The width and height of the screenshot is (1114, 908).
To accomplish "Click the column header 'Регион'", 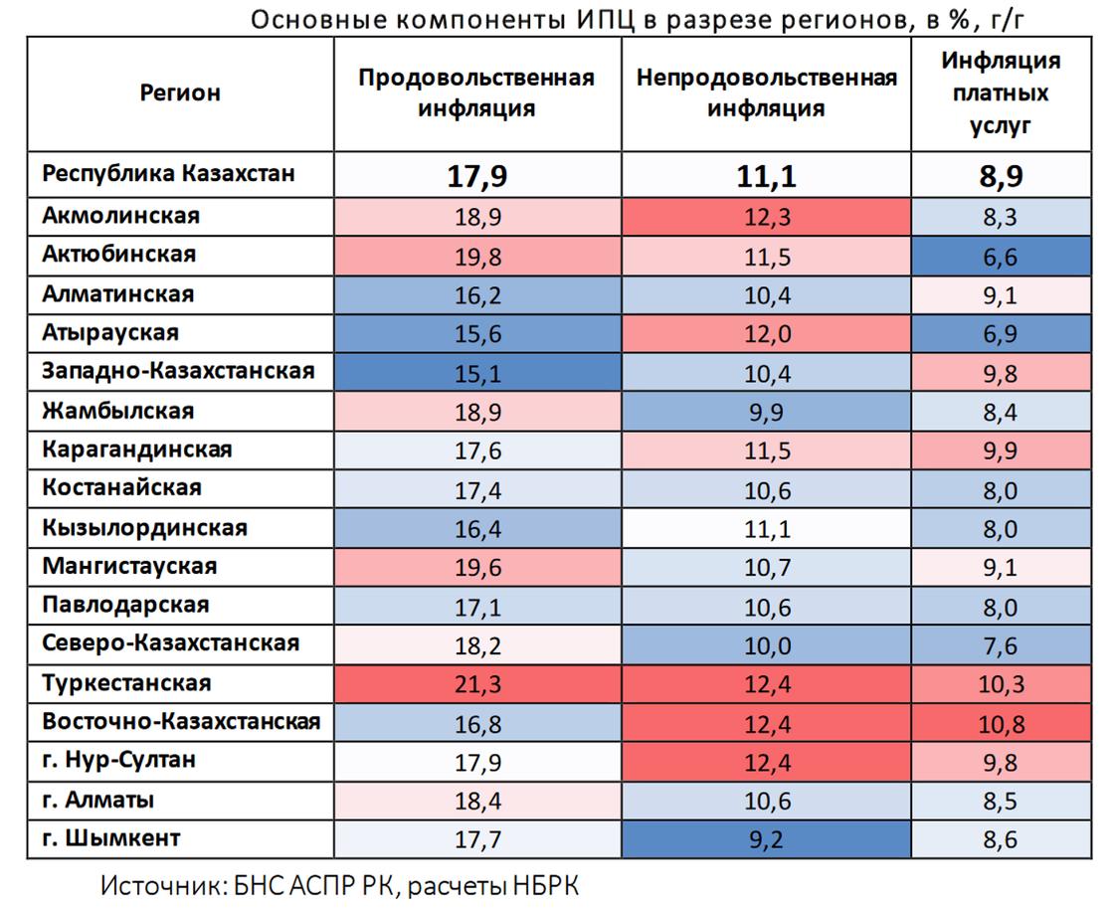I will click(180, 93).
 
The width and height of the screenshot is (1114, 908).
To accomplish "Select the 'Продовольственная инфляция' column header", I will click(476, 93).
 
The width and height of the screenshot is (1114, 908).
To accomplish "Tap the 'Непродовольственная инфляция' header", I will click(766, 93).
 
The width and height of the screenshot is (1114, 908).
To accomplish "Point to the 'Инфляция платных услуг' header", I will click(1001, 93).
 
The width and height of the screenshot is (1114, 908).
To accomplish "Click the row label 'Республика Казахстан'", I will click(168, 174).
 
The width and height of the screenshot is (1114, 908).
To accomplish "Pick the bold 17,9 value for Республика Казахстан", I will click(476, 176).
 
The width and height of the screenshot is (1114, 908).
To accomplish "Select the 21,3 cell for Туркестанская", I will click(476, 684).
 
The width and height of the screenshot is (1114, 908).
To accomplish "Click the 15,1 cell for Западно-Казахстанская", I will click(476, 372).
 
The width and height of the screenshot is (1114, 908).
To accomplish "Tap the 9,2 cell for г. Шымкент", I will click(766, 839).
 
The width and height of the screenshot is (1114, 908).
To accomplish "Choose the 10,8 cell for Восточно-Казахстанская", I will click(1001, 723).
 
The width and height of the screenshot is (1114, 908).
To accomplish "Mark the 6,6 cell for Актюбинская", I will click(1001, 256).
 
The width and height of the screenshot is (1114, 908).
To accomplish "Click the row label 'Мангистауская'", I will click(129, 567).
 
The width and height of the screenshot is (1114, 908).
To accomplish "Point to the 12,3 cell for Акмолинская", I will click(766, 216).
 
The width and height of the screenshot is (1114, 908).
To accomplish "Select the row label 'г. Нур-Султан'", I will click(118, 761).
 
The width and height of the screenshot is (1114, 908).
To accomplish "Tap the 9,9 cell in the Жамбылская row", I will click(766, 412).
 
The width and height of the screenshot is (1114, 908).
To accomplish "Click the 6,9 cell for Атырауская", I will click(1001, 333).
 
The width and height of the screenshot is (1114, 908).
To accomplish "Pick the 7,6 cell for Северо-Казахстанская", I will click(1001, 645).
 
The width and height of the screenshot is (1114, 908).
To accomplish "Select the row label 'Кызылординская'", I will click(144, 528).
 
